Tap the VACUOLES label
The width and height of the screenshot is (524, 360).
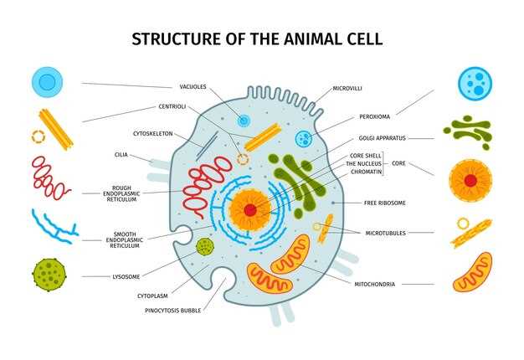pos(193,87)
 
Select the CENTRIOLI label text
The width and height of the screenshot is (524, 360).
pos(172,106)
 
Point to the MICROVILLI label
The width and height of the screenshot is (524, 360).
pos(347,89)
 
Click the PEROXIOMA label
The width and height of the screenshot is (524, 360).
pos(374,116)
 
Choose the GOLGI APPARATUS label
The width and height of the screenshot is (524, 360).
pos(382,138)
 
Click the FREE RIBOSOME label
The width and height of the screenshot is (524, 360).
pos(385,203)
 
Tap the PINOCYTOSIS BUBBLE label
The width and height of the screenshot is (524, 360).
pos(172,311)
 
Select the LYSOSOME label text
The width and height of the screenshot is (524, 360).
pos(126,277)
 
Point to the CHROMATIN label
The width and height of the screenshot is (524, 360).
pos(366,172)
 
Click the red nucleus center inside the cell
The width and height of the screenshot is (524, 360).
pos(250,210)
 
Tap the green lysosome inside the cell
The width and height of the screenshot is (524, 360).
pos(205,247)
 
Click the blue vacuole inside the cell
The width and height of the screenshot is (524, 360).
pos(244,121)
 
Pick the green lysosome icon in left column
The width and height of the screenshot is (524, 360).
pos(49,275)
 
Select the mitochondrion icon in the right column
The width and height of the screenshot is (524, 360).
pos(472,272)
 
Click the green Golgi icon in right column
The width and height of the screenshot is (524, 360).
pos(468,132)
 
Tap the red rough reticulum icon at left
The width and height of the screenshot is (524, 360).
pos(50,178)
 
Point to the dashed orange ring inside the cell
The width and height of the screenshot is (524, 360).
pos(243,159)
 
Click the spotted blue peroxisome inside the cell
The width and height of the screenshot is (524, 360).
pos(304,138)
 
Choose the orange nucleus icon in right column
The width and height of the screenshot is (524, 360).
pos(470,181)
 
